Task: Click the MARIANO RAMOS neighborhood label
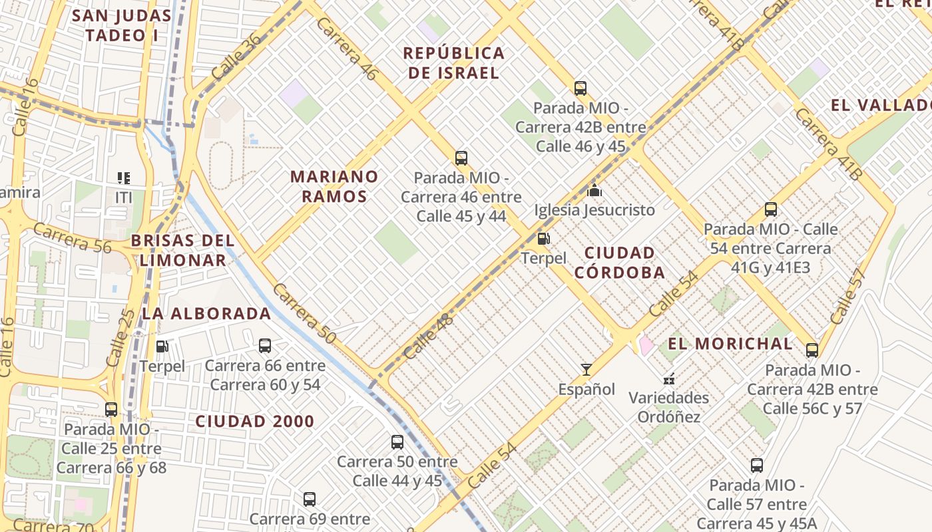coord(334,186)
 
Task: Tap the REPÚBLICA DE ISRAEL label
coord(454,63)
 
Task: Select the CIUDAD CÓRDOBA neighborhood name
coord(620,263)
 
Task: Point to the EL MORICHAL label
coord(730,344)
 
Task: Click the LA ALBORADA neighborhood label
coord(207,313)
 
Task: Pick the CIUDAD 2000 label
coord(255,421)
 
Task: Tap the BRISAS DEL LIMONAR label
coord(182,250)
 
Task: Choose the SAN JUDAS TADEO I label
coord(122,25)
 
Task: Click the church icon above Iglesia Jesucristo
coord(594,191)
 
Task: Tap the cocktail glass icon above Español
coord(586,370)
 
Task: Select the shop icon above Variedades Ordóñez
coord(669,378)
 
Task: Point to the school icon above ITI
coord(124,178)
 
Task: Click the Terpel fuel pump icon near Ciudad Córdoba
coord(544,239)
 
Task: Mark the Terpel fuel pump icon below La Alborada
coord(162,346)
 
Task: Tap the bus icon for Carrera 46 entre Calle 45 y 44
coord(461,158)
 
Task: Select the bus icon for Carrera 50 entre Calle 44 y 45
coord(397,442)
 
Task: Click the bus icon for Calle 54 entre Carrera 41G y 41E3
coord(771,209)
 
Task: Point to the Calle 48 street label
coord(428,336)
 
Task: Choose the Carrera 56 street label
coord(72,238)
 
